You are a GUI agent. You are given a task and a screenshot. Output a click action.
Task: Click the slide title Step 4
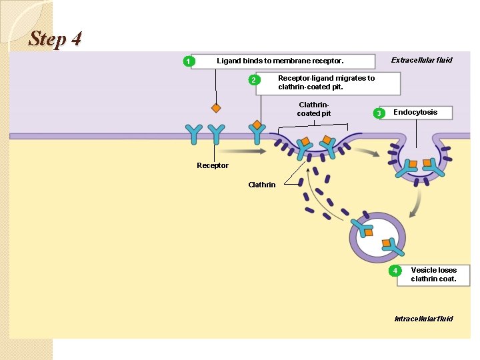[x=55, y=39]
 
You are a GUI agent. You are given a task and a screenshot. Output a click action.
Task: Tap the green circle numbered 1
[x=189, y=62]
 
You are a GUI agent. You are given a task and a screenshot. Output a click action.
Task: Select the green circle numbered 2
[x=252, y=81]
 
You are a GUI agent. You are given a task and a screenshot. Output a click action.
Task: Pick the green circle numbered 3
[x=379, y=114]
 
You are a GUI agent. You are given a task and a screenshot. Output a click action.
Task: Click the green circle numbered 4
[x=395, y=271]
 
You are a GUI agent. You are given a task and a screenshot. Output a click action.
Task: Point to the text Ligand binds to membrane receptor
[x=280, y=61]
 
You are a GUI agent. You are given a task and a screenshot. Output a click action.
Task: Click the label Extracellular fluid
[x=421, y=60]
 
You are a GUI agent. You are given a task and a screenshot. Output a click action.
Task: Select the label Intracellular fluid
[x=423, y=319]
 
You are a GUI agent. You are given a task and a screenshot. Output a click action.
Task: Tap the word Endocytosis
[x=415, y=112]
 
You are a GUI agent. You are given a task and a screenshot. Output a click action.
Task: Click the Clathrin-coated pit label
[x=313, y=109]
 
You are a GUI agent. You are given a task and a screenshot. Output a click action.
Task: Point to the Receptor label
[x=213, y=165]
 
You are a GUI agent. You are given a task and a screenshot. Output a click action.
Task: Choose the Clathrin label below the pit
[x=261, y=185]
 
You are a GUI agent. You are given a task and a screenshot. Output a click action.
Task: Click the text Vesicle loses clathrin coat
[x=433, y=275]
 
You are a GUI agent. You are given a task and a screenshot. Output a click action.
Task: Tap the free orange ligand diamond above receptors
[x=216, y=107]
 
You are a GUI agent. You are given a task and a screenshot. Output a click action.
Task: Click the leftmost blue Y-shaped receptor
[x=194, y=133]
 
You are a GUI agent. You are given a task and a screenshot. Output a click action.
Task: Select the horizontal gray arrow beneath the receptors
[x=239, y=151]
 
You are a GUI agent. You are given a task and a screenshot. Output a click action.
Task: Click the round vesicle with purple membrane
[x=377, y=238]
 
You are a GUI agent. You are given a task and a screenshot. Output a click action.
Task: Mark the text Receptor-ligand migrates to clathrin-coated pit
[x=326, y=83]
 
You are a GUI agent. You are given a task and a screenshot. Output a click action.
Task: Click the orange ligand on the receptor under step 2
[x=257, y=125]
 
